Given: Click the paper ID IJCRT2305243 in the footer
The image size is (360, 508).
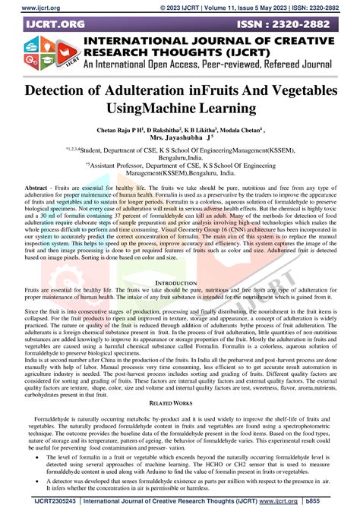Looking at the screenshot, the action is tap(37, 500).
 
